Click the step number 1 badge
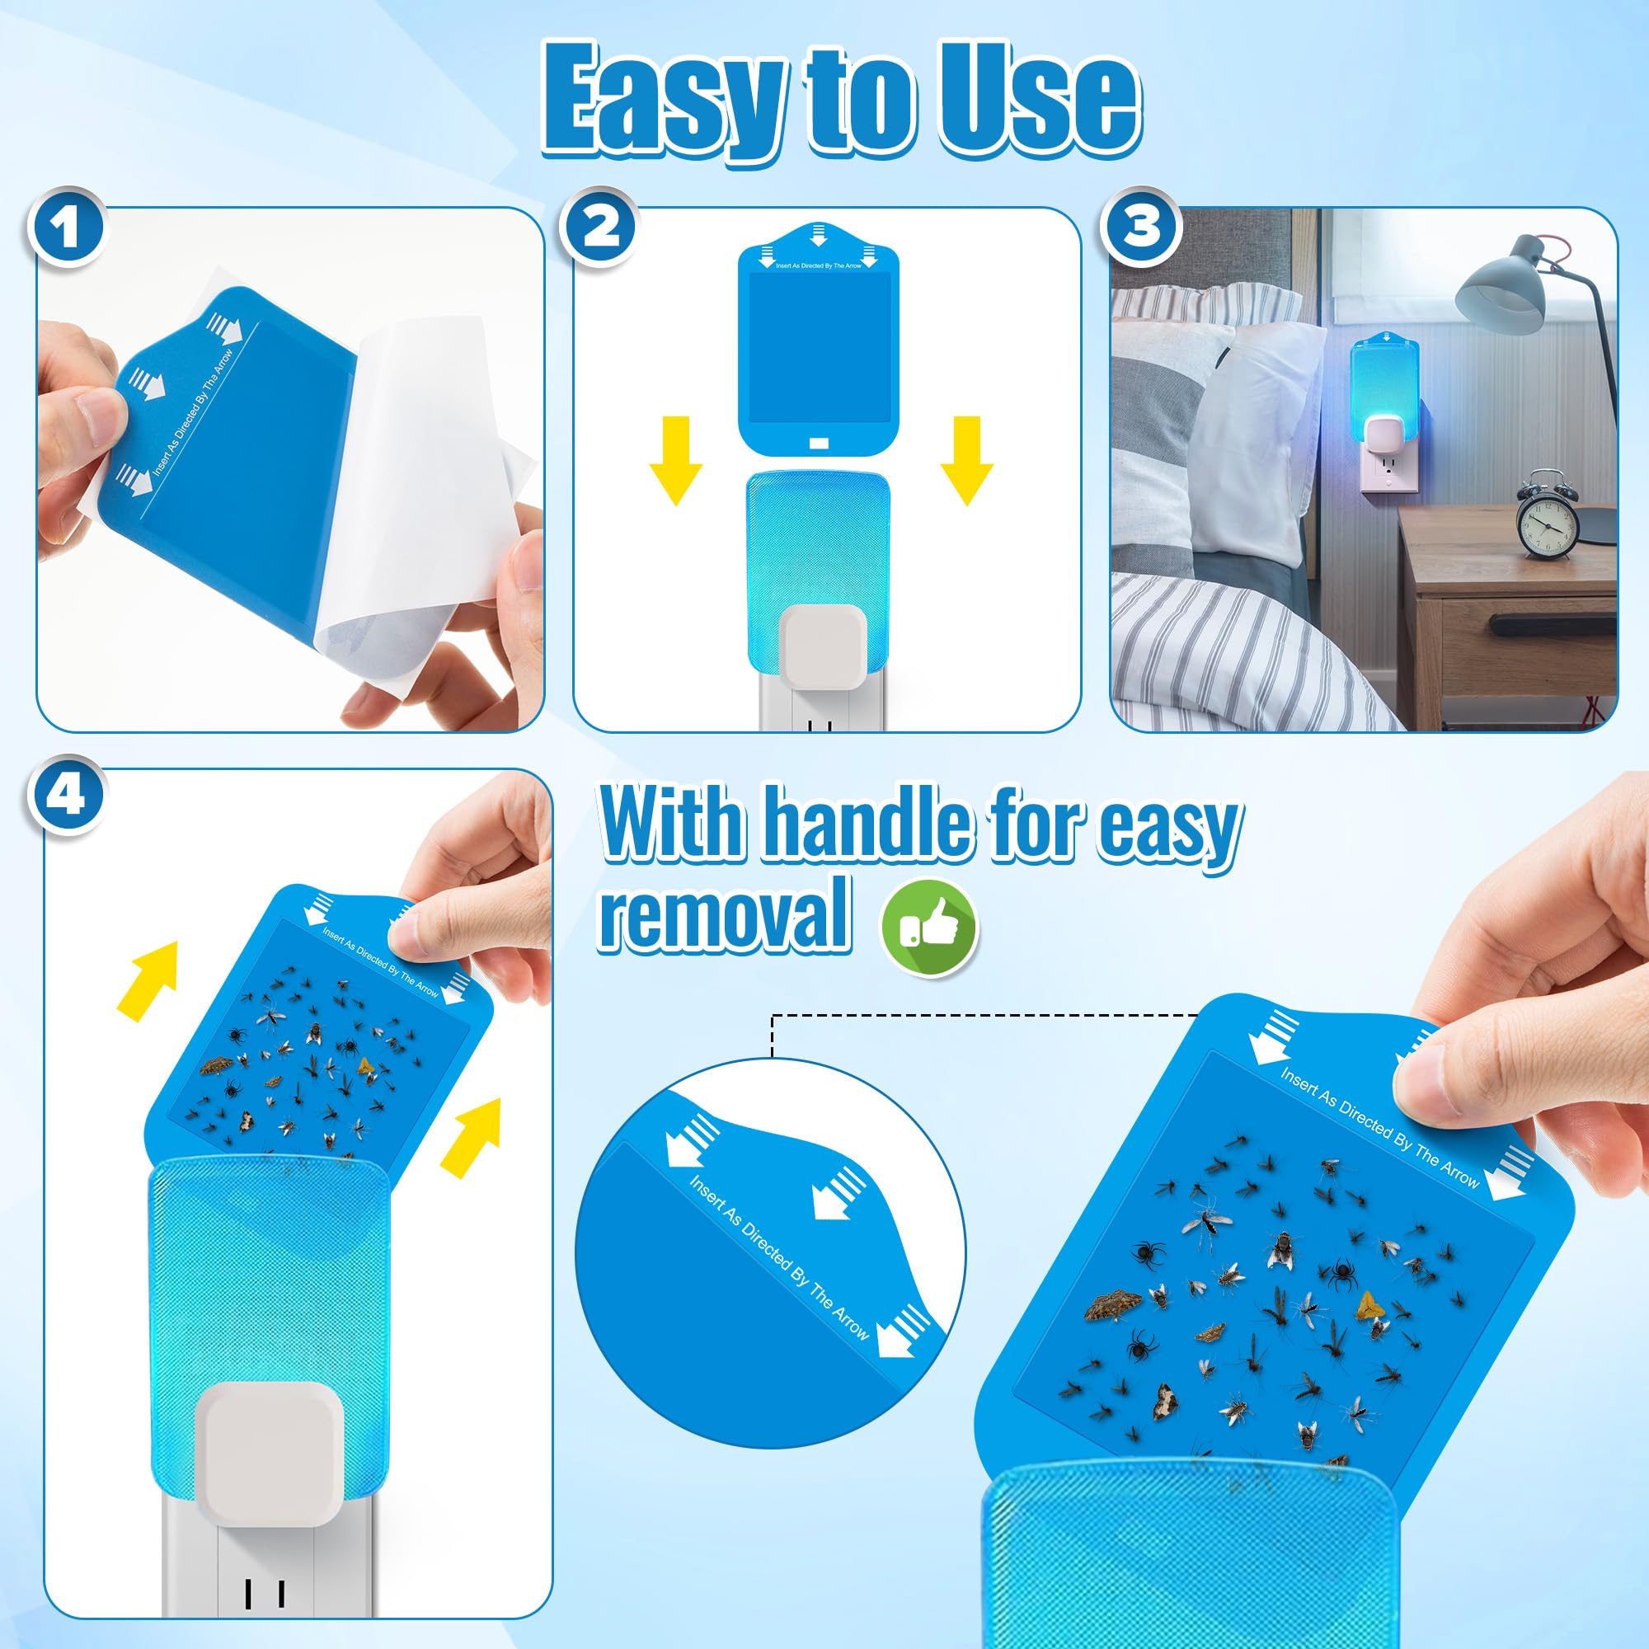coord(67,228)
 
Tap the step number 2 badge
coord(601,228)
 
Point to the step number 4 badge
coord(67,796)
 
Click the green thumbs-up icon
coord(929,928)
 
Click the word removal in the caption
coord(725,914)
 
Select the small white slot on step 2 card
coord(819,443)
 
